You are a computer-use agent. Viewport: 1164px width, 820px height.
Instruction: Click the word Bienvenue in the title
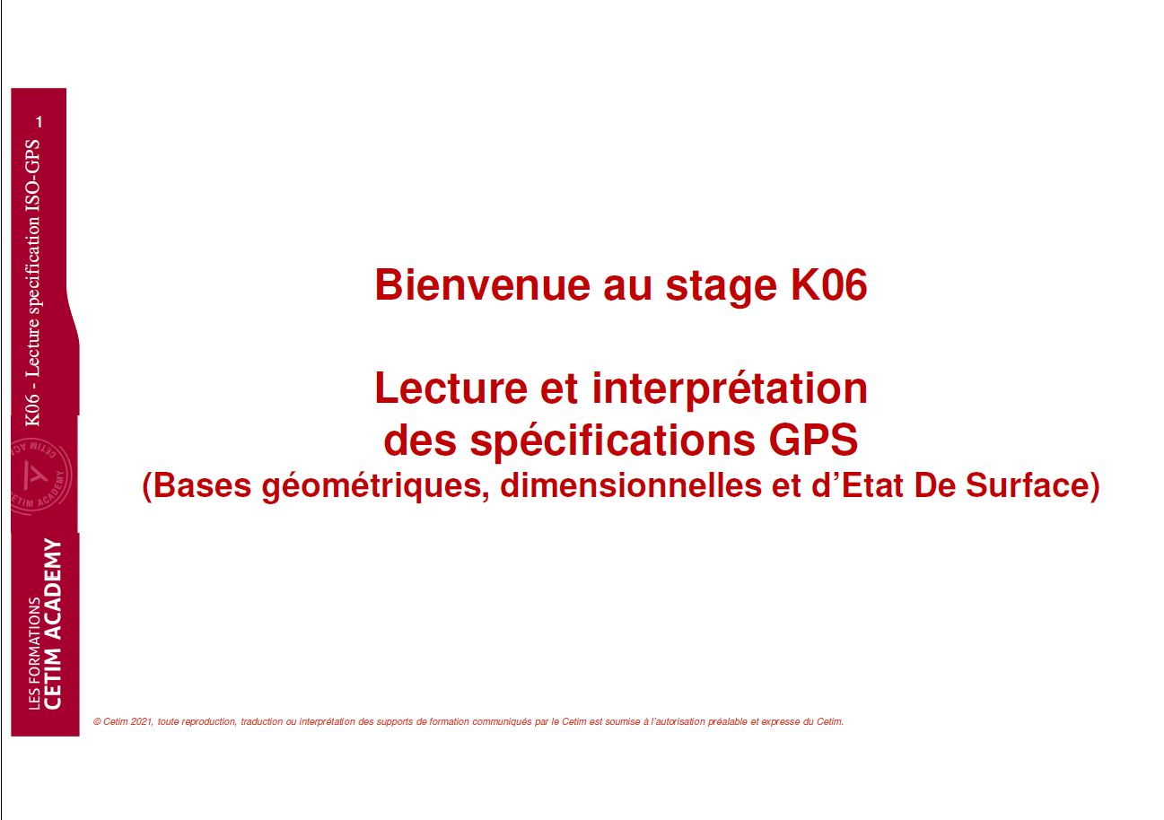482,284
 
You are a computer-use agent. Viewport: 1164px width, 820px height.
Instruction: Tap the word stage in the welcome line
721,287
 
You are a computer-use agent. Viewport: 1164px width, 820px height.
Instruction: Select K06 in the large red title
828,284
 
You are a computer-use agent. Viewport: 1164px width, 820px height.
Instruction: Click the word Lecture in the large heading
451,388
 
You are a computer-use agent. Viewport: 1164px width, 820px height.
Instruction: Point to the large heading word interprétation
730,390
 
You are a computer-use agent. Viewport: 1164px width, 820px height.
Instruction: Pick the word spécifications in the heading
612,441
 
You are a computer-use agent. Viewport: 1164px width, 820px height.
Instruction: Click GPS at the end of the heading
813,440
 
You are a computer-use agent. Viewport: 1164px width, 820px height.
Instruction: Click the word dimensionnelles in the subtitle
630,485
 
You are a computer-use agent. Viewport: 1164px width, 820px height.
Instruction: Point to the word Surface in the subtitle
1032,485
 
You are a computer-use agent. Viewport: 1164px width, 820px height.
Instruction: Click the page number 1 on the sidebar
39,122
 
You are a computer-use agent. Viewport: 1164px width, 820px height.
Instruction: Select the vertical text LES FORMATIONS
34,653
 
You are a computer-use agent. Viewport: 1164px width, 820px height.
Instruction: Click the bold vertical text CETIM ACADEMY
53,624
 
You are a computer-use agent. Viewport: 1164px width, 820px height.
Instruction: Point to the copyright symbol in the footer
97,721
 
